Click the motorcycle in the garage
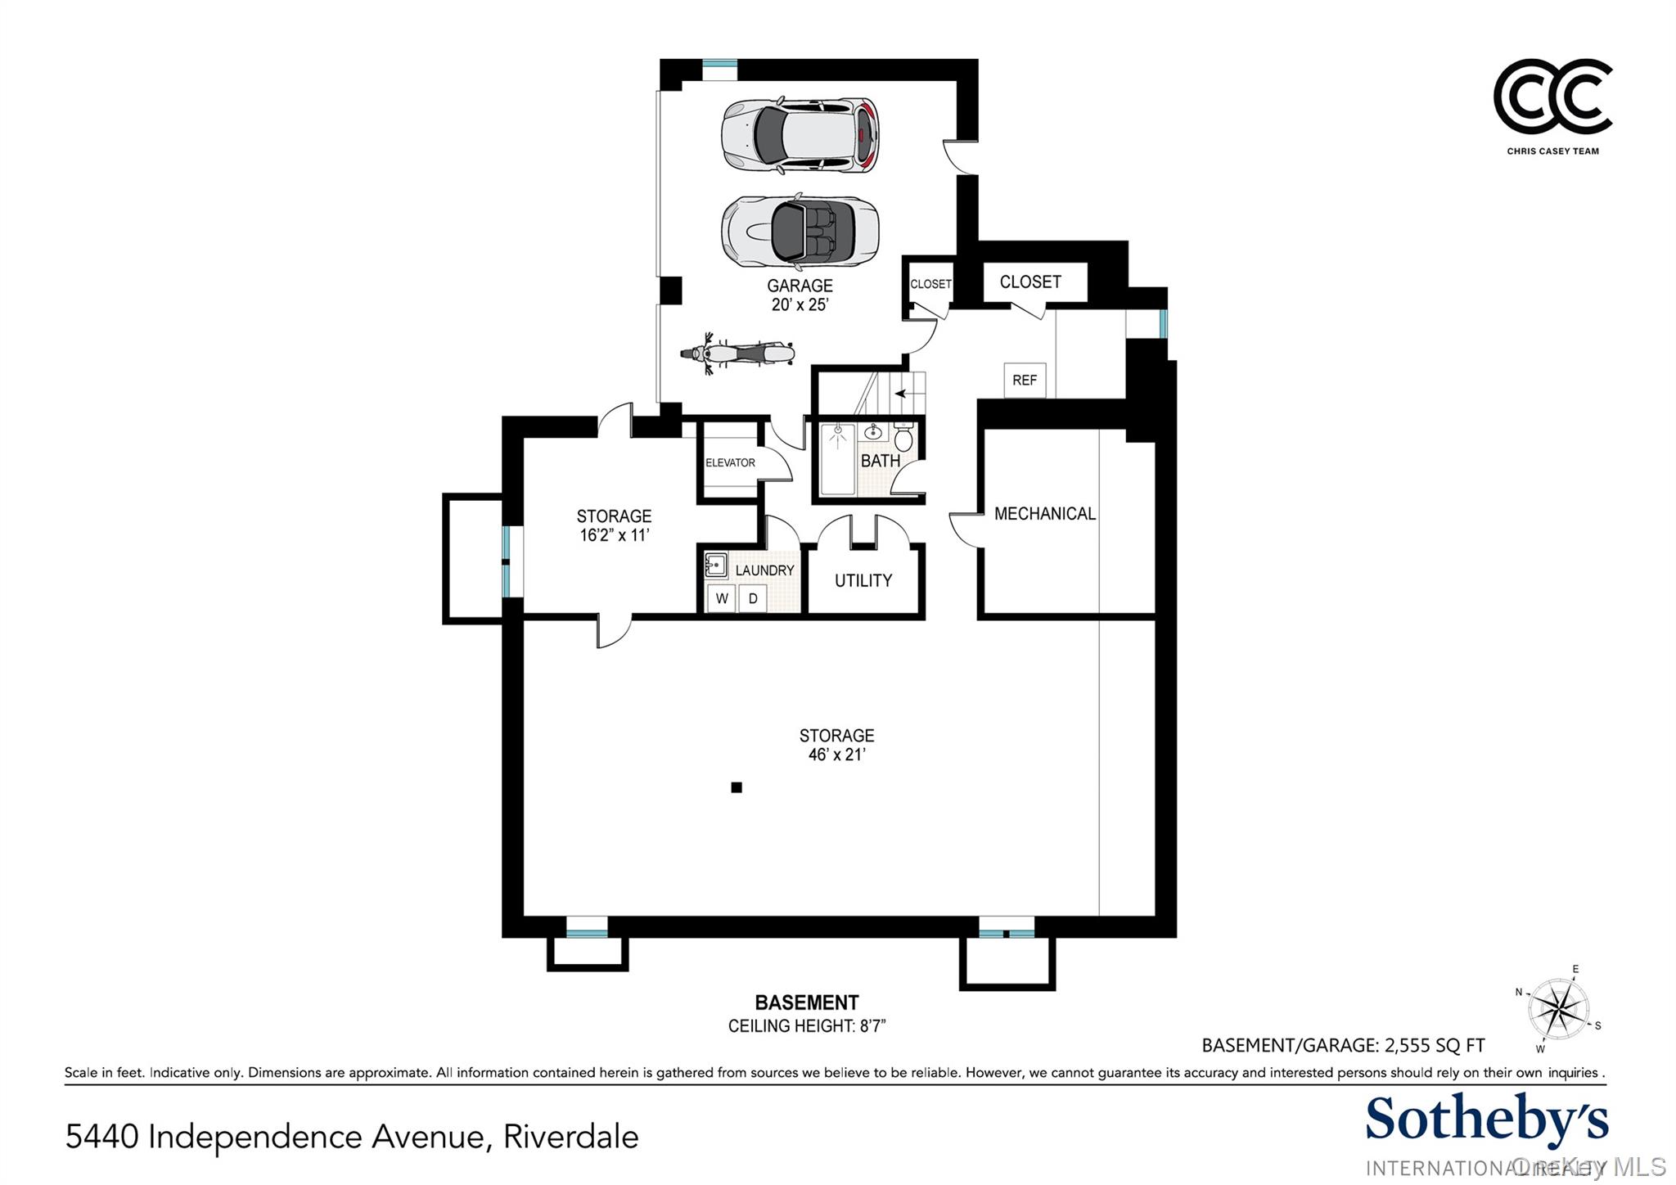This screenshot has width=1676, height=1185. pyautogui.click(x=737, y=354)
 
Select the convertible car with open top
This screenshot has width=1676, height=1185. pyautogui.click(x=800, y=231)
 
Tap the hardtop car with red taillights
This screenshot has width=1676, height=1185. pyautogui.click(x=800, y=136)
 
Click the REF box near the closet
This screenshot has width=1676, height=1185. pyautogui.click(x=1025, y=380)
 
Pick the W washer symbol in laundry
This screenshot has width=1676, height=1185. pyautogui.click(x=722, y=598)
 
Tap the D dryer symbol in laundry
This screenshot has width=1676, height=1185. pyautogui.click(x=753, y=598)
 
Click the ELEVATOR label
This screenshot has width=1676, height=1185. pyautogui.click(x=730, y=462)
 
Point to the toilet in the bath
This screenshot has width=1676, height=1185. pyautogui.click(x=903, y=439)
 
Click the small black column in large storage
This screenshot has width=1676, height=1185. pyautogui.click(x=737, y=787)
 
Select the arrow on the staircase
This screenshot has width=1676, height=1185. pyautogui.click(x=900, y=394)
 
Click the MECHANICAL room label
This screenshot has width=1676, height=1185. pyautogui.click(x=1044, y=514)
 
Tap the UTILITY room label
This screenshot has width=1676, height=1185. pyautogui.click(x=863, y=580)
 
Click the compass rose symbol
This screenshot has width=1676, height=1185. pyautogui.click(x=1560, y=1008)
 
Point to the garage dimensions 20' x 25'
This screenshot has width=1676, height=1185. pyautogui.click(x=800, y=304)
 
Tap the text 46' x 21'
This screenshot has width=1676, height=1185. pyautogui.click(x=836, y=755)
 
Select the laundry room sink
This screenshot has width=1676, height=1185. pyautogui.click(x=716, y=565)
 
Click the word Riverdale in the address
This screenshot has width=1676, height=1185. pyautogui.click(x=570, y=1137)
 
